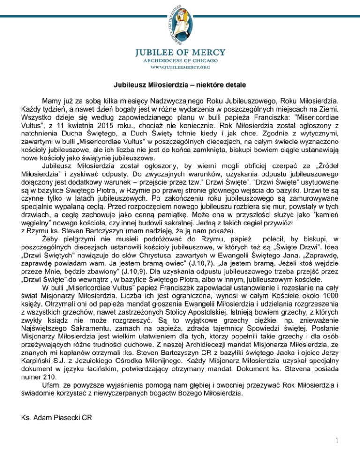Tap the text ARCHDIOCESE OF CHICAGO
[x=180, y=60]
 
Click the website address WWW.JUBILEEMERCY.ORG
[x=180, y=67]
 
